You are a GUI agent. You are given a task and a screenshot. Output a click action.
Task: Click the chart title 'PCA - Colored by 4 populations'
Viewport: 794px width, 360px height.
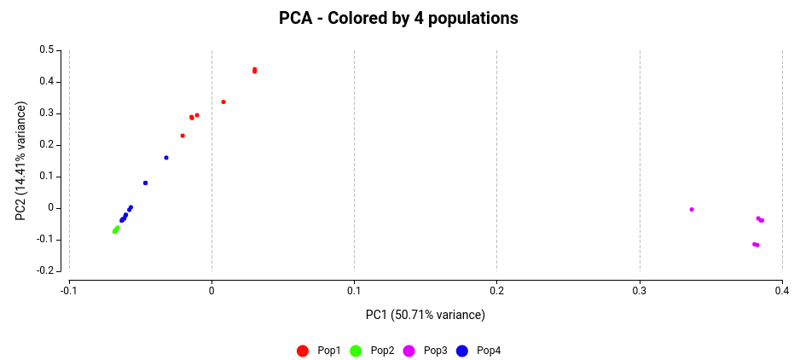398,18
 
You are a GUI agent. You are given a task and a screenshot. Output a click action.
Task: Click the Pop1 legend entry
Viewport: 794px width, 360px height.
320,351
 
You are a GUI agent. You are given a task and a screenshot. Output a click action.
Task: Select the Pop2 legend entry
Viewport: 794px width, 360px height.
373,351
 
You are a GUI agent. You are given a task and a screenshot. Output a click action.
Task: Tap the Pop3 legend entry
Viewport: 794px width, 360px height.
426,351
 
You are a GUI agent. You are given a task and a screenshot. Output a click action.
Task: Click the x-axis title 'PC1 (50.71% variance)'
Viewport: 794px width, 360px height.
425,315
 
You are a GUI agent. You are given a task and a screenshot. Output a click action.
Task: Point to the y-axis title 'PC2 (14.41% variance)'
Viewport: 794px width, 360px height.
21,161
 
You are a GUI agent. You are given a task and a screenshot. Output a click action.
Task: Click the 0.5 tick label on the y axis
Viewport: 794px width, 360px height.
47,50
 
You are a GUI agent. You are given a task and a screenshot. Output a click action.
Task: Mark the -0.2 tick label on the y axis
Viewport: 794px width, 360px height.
44,270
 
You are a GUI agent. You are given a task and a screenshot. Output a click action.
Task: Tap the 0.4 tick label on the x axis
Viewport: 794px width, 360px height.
782,290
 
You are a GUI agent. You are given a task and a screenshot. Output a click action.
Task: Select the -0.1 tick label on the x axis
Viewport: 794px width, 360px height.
69,290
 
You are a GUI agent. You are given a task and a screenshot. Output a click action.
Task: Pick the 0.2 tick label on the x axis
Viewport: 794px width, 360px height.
497,290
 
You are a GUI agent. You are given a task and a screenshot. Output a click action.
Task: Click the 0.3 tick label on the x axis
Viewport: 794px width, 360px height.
640,290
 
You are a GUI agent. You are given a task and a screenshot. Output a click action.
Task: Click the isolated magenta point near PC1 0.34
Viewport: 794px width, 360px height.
692,209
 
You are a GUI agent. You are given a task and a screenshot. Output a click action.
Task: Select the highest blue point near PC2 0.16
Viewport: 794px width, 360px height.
166,158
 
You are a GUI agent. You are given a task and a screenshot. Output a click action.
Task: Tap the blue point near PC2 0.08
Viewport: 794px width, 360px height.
145,183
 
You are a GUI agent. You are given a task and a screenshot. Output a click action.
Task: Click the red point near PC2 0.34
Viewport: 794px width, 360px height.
223,102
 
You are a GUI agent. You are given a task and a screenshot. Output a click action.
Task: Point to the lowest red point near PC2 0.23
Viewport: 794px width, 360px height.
183,136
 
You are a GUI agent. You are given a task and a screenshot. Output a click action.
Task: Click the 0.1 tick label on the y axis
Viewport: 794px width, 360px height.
47,177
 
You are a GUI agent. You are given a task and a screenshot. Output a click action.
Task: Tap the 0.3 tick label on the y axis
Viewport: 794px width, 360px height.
47,113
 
